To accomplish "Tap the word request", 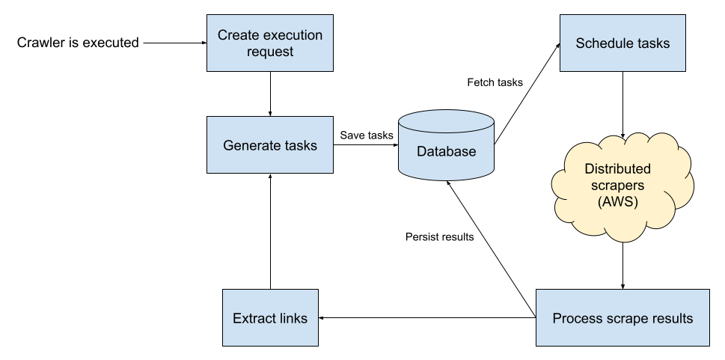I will pyautogui.click(x=270, y=52).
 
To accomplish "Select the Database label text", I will pyautogui.click(x=446, y=151).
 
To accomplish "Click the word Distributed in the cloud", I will pyautogui.click(x=617, y=168).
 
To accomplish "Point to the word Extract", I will pyautogui.click(x=253, y=318).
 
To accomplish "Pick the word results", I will pyautogui.click(x=671, y=318).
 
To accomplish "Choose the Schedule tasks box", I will pyautogui.click(x=622, y=60).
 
